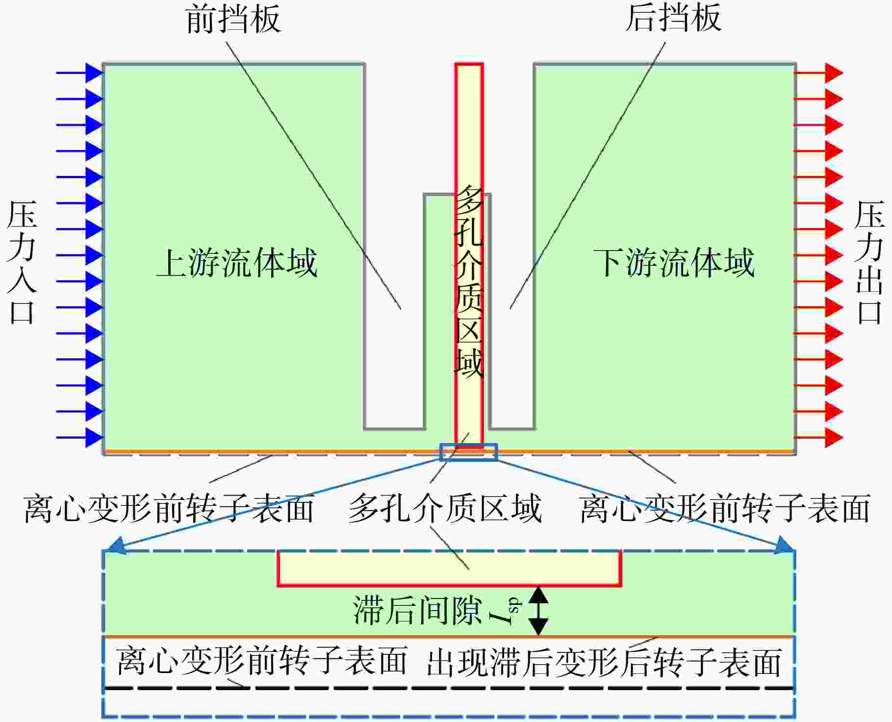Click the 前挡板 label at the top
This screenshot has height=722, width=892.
(x=233, y=19)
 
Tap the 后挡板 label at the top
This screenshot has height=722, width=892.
(x=673, y=18)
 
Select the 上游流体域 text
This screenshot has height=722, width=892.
(x=237, y=263)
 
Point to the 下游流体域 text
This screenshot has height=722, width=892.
(x=674, y=263)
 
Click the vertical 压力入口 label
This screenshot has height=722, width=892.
(x=22, y=262)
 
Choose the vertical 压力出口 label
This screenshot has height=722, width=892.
(x=869, y=262)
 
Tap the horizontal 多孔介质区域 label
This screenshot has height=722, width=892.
(x=445, y=508)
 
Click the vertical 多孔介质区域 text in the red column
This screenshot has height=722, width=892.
(x=469, y=282)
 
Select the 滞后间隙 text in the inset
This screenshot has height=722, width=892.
(x=417, y=611)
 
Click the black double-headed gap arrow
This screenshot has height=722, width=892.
(x=538, y=611)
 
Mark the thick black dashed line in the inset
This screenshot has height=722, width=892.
(x=448, y=688)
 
